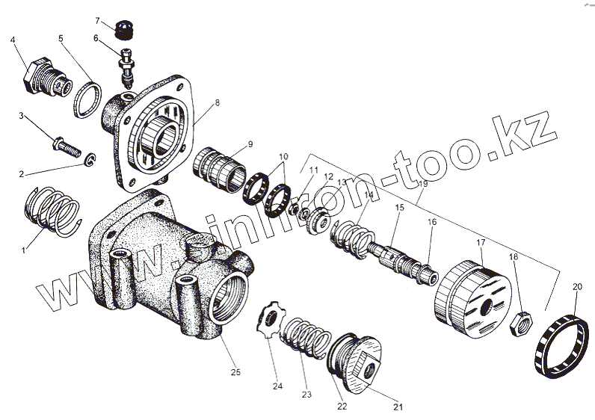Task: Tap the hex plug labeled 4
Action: [43, 78]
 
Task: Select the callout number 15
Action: [399, 206]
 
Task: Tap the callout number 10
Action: [283, 158]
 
